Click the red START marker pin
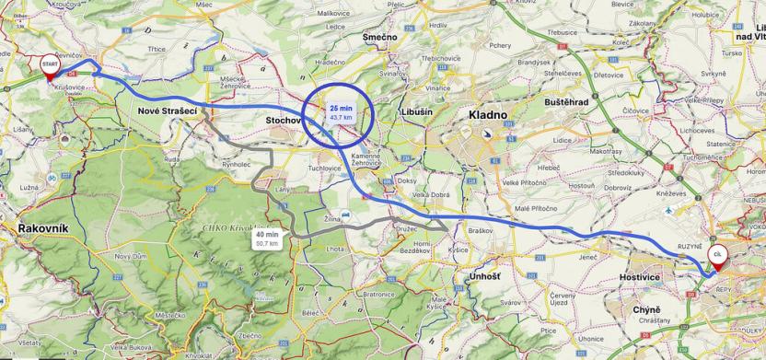[48, 65]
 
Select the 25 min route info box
[341, 112]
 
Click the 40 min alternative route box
[268, 238]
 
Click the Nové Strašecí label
[168, 110]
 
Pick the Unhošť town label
[484, 277]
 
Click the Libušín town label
[417, 111]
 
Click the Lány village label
[284, 190]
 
